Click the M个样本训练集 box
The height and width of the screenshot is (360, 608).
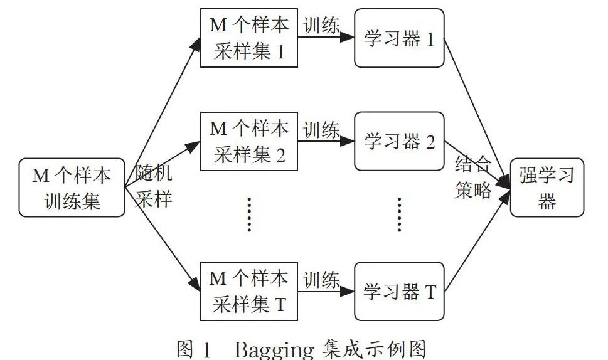pos(72,188)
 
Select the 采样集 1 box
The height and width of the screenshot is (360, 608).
pos(249,38)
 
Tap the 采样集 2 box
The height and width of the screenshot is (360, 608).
pos(249,142)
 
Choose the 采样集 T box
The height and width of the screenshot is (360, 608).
pos(249,292)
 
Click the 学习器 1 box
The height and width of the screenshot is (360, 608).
pos(400,38)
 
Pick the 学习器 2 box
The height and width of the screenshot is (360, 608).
pos(400,142)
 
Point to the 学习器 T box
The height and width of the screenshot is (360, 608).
pos(400,292)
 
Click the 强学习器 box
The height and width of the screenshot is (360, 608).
pos(547,188)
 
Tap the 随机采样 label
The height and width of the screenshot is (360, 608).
pos(154,186)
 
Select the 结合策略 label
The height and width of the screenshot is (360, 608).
pos(474,177)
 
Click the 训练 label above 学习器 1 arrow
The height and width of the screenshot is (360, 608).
pos(321,26)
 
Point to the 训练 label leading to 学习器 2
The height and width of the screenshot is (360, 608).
pos(321,130)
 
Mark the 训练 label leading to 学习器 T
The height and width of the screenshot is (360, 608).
pos(321,280)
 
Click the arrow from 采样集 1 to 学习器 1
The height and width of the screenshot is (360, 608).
pos(326,38)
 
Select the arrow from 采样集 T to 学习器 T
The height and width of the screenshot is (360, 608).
pos(326,292)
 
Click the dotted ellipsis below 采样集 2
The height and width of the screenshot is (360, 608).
pos(249,214)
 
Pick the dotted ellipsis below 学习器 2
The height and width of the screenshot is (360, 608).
pos(400,214)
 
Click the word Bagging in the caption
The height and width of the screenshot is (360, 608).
pos(274,350)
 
